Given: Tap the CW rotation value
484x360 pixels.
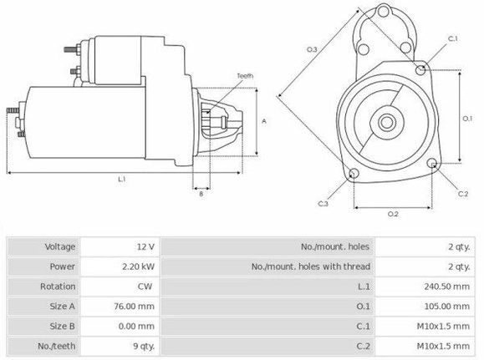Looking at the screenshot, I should [145, 287].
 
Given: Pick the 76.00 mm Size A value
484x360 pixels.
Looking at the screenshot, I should [136, 307].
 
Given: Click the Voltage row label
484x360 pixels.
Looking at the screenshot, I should [60, 247].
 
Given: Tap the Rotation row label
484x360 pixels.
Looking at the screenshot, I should [59, 287].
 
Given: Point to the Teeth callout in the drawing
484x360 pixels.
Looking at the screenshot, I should [244, 76].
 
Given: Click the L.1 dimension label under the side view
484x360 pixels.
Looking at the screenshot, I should [122, 179].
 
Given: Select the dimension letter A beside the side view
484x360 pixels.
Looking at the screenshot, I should [264, 121].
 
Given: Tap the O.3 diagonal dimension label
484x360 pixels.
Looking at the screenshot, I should [312, 50].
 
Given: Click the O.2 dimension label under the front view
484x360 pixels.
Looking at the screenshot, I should [392, 214].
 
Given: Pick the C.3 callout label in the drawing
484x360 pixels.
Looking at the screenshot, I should [323, 203].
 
